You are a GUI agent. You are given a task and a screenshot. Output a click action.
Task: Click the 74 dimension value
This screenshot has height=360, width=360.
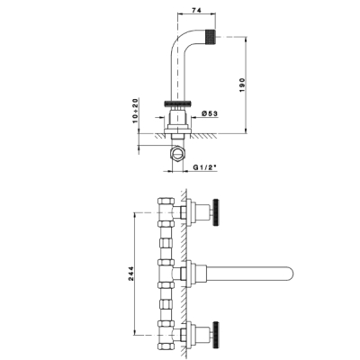[x=196, y=10]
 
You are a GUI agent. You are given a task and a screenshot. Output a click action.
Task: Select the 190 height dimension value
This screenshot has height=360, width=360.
[x=242, y=85]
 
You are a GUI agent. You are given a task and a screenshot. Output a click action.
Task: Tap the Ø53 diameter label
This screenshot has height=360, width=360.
[x=210, y=113]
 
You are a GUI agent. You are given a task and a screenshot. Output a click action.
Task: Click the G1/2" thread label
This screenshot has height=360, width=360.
[x=204, y=168]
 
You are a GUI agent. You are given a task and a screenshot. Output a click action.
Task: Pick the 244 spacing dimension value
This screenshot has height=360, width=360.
[x=131, y=274]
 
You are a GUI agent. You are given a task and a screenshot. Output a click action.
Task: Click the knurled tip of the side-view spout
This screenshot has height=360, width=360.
[x=211, y=37]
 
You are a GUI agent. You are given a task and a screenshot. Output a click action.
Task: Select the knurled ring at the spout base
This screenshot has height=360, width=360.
[x=178, y=103]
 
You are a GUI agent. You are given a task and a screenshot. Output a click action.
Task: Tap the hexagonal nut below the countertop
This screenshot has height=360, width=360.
[x=178, y=153]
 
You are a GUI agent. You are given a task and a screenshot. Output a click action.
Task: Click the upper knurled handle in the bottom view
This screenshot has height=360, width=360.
[x=216, y=212]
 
